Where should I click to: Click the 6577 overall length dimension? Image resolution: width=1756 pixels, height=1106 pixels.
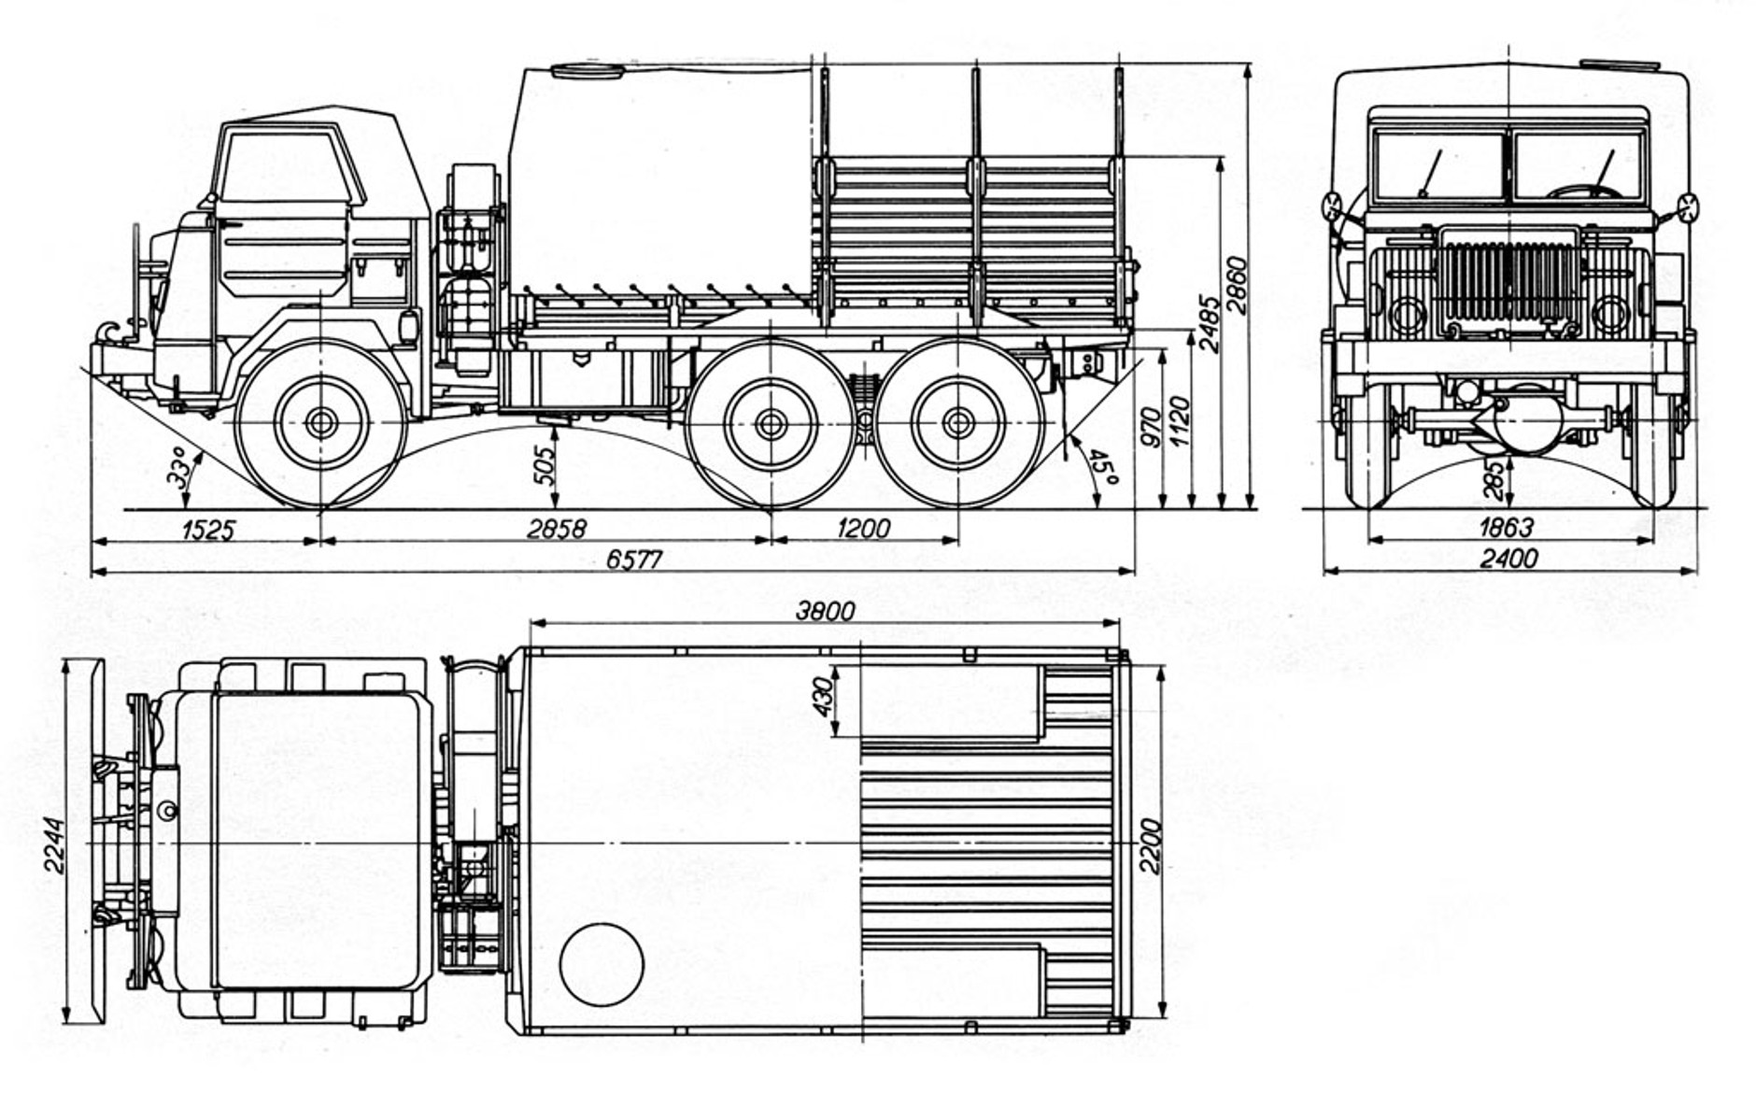click(x=634, y=560)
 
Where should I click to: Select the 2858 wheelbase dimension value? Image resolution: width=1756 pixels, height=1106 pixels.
click(x=557, y=529)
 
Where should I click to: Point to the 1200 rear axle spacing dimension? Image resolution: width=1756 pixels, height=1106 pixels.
click(x=863, y=529)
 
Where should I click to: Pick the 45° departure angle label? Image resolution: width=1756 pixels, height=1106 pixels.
click(x=1103, y=467)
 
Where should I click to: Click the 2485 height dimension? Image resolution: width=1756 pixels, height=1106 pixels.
click(x=1209, y=325)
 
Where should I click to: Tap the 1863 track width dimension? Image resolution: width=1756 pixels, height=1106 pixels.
click(x=1506, y=527)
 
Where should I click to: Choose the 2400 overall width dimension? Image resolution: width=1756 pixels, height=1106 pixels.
click(x=1509, y=559)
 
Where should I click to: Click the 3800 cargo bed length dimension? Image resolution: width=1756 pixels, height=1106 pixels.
click(x=825, y=611)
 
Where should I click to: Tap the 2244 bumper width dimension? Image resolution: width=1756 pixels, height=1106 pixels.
click(x=54, y=845)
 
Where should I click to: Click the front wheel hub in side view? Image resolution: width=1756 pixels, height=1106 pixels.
click(x=320, y=422)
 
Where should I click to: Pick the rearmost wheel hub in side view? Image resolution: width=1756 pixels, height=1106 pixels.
click(x=957, y=423)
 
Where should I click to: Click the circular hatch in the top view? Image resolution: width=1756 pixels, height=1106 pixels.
click(x=602, y=965)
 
